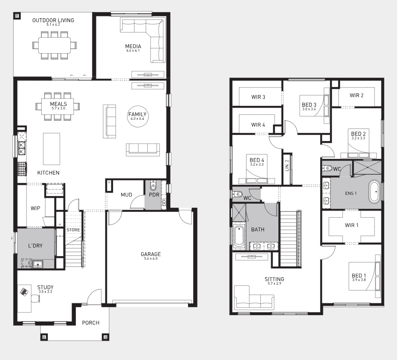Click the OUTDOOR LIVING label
click(53, 20)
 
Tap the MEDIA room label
click(133, 46)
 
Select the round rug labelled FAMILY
click(137, 116)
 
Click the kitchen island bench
click(52, 149)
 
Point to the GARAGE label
click(151, 254)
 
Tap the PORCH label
click(90, 323)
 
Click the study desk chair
click(36, 298)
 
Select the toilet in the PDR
click(153, 186)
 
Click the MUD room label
click(126, 195)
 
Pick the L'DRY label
click(35, 245)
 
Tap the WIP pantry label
click(35, 208)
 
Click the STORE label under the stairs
click(73, 230)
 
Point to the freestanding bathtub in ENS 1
click(374, 191)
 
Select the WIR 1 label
click(352, 225)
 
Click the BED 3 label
click(309, 105)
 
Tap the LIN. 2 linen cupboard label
click(287, 165)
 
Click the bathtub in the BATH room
click(239, 236)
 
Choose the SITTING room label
click(275, 279)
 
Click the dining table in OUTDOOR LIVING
click(54, 45)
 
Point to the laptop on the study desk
click(24, 292)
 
